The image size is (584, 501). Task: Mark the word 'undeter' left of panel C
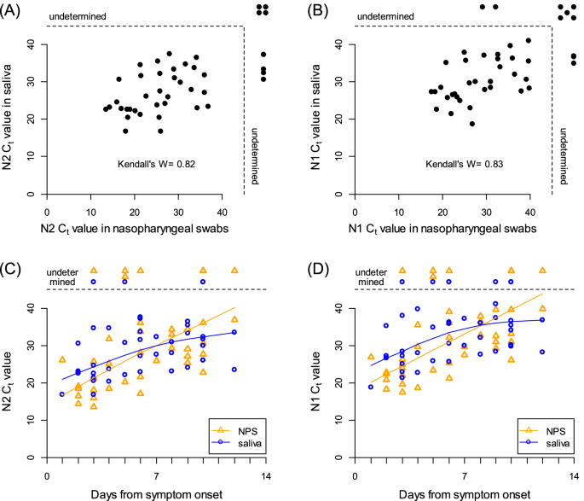(65, 271)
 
